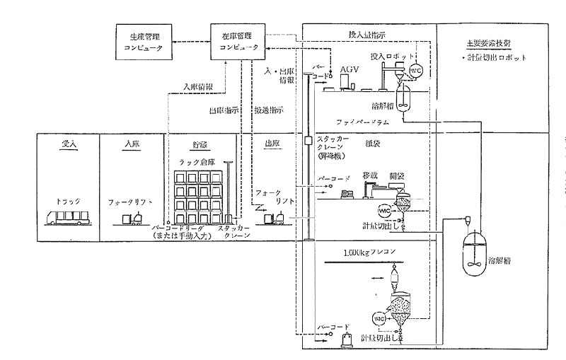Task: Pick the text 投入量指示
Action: pyautogui.click(x=366, y=33)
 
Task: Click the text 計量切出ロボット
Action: pyautogui.click(x=487, y=57)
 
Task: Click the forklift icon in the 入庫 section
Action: pyautogui.click(x=133, y=219)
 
